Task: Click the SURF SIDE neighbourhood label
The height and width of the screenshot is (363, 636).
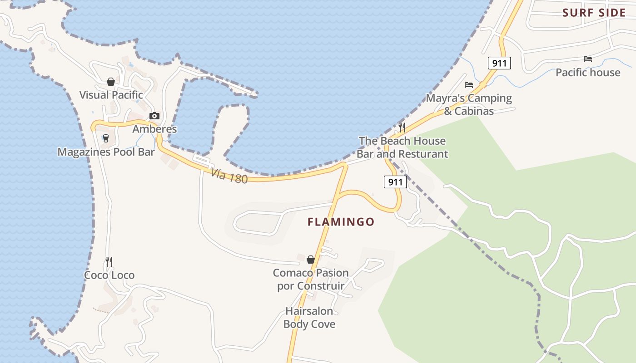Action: pyautogui.click(x=594, y=13)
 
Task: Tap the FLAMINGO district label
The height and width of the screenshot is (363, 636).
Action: pyautogui.click(x=341, y=222)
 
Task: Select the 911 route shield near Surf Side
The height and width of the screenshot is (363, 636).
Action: pyautogui.click(x=499, y=63)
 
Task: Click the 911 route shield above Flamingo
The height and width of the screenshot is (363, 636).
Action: pyautogui.click(x=395, y=182)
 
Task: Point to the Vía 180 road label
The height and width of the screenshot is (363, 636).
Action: pyautogui.click(x=229, y=176)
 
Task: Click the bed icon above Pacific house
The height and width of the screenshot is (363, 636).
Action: pyautogui.click(x=588, y=59)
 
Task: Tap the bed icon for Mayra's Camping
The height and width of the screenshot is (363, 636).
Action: pyautogui.click(x=469, y=85)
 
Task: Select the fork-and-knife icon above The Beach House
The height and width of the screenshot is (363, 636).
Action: pyautogui.click(x=402, y=127)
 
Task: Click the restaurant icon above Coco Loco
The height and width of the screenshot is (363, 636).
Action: pyautogui.click(x=109, y=261)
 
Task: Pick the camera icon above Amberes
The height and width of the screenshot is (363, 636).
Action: pyautogui.click(x=154, y=116)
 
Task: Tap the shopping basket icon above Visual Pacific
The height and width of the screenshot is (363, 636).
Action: pyautogui.click(x=110, y=82)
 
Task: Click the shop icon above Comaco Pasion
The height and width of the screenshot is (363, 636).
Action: pyautogui.click(x=311, y=260)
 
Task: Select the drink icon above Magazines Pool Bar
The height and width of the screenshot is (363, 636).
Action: pyautogui.click(x=106, y=138)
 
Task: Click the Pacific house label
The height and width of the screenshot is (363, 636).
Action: pyautogui.click(x=588, y=73)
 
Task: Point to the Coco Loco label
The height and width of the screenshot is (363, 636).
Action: pyautogui.click(x=109, y=275)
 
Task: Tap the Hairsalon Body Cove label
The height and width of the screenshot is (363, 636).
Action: pyautogui.click(x=309, y=318)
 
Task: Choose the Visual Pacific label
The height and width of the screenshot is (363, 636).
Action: pyautogui.click(x=111, y=95)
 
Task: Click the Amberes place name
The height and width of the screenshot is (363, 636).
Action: pyautogui.click(x=154, y=129)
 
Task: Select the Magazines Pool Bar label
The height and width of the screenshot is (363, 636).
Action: pyautogui.click(x=106, y=152)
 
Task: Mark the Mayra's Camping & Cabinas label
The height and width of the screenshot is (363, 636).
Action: pyautogui.click(x=469, y=104)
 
